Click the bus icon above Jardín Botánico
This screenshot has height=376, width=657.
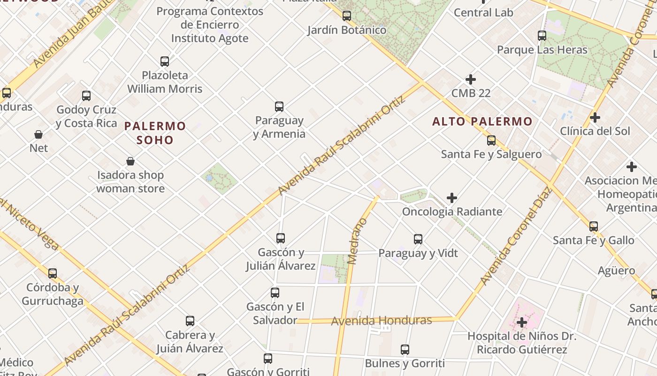pos(347,16)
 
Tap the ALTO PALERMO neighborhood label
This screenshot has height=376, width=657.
pos(482,121)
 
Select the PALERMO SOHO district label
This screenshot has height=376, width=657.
pos(155,133)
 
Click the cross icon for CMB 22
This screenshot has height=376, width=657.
pos(471,79)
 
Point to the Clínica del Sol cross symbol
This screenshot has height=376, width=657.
pos(595,117)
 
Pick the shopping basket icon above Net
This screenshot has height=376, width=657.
pos(38,134)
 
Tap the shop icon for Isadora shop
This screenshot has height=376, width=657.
pos(130,162)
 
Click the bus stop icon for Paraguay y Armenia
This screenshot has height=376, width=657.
pos(279,107)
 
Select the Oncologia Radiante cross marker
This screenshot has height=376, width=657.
pos(452,198)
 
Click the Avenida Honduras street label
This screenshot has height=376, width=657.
pos(381,321)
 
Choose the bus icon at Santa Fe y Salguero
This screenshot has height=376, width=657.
pos(491,140)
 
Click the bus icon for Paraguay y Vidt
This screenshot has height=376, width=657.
pos(418,239)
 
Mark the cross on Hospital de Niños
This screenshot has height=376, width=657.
pos(521,322)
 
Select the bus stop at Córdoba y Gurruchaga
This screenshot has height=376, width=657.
pos(53,273)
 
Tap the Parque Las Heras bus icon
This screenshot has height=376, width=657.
pos(542,36)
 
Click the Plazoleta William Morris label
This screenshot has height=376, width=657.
pos(165,82)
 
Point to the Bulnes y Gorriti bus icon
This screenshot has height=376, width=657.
pos(405,350)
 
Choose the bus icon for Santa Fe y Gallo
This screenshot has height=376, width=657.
pos(594,227)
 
